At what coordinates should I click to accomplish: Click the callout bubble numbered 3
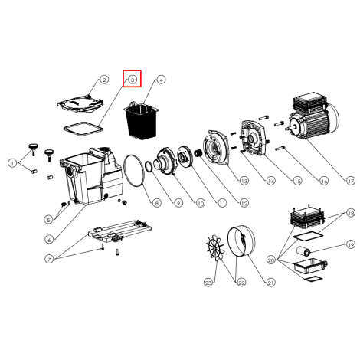(x=133, y=80)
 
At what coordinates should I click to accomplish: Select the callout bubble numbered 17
(x=351, y=181)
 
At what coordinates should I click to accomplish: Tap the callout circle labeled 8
(x=156, y=203)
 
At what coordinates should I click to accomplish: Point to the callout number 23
(x=208, y=283)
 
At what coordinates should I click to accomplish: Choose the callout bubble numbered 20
(x=271, y=260)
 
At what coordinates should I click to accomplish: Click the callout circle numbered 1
(x=12, y=163)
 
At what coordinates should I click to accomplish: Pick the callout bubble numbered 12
(x=244, y=203)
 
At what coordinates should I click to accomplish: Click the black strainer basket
(x=141, y=119)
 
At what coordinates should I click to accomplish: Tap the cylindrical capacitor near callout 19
(x=303, y=250)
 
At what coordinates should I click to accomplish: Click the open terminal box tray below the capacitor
(x=310, y=266)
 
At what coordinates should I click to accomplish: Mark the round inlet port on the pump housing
(x=70, y=172)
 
